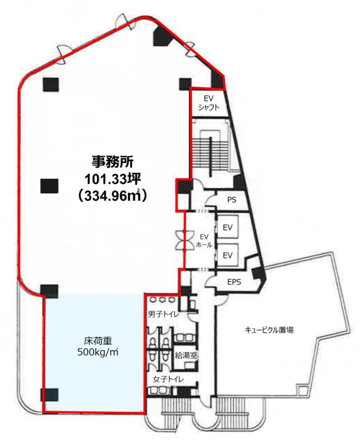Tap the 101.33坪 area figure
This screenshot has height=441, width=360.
click(113, 179)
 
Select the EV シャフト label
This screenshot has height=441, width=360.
click(209, 103)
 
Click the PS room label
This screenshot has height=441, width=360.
click(232, 200)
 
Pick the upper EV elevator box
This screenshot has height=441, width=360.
click(228, 227)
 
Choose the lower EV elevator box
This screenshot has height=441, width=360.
click(228, 255)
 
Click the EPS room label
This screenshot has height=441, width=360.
click(234, 282)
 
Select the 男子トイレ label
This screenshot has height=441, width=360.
click(163, 314)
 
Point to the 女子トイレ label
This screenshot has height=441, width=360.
click(168, 379)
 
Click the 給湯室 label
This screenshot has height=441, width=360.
click(186, 355)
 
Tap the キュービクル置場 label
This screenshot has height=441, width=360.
click(269, 330)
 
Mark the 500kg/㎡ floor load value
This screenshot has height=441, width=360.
click(98, 352)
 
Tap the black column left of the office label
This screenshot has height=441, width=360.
click(49, 186)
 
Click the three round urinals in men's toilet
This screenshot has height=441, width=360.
click(161, 299)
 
